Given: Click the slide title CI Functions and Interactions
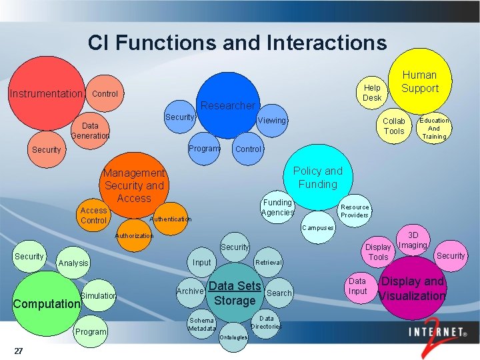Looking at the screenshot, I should [x=237, y=43].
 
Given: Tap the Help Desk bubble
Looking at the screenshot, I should [x=372, y=93].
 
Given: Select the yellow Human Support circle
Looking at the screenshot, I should [x=420, y=81].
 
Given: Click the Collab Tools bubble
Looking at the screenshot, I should [x=393, y=126].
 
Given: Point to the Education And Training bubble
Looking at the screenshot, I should [x=434, y=129].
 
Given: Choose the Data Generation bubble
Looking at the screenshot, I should [x=90, y=131].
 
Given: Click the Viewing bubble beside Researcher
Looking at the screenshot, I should [x=271, y=121].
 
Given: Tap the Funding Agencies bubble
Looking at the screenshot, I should [x=277, y=207].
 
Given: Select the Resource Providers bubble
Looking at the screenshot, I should [x=355, y=211].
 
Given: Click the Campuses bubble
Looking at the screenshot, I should [x=317, y=228].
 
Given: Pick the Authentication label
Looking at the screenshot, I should [x=171, y=219].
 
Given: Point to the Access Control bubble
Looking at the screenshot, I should [x=93, y=215].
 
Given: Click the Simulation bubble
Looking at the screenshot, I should [x=98, y=295].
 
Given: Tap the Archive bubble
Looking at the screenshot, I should [x=190, y=291].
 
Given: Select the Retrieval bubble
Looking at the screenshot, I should [x=269, y=262].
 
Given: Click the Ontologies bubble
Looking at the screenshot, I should [x=233, y=337].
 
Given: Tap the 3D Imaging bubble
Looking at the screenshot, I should [x=413, y=241].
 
